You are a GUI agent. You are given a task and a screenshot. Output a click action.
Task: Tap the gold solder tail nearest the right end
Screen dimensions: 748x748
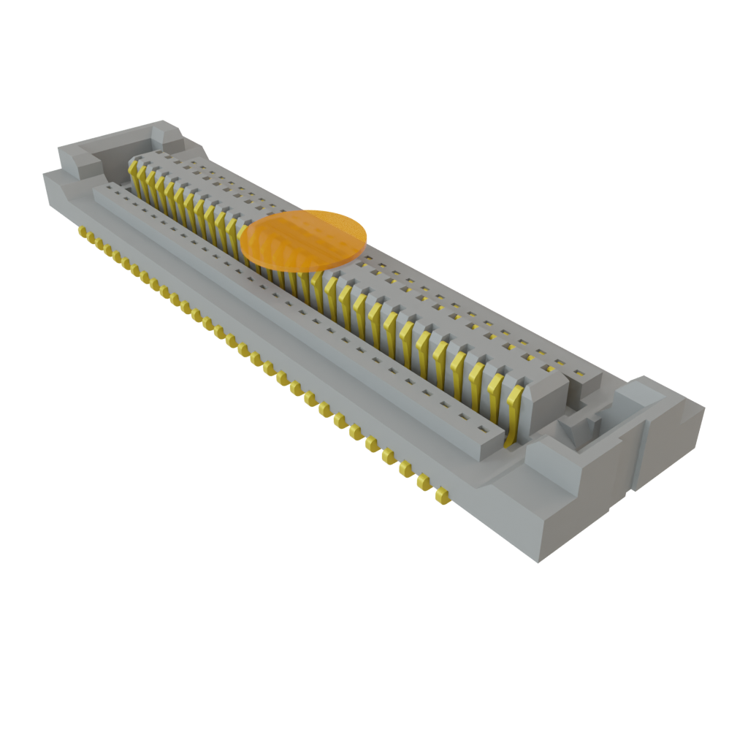(440, 497)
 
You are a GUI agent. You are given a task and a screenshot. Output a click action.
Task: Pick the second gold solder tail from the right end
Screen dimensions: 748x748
(423, 481)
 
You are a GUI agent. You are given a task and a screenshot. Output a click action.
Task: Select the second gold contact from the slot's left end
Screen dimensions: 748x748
(142, 180)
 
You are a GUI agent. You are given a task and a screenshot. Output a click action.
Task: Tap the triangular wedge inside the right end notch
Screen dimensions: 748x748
(568, 428)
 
